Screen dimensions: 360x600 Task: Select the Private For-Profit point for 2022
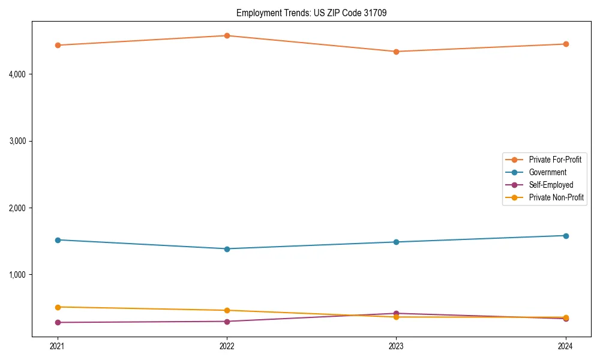(227, 36)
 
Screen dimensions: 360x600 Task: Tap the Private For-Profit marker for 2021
(58, 45)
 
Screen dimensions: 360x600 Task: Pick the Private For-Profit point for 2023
(396, 52)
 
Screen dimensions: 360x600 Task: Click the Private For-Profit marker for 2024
(565, 44)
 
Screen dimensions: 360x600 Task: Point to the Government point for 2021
(58, 240)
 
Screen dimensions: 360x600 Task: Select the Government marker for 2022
(227, 249)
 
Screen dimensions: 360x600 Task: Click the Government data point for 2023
(396, 242)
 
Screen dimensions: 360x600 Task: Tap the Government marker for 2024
(565, 236)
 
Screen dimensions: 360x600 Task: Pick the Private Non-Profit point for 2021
(58, 307)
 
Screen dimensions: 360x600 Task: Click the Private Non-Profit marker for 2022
(227, 310)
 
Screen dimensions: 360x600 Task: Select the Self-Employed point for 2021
(58, 323)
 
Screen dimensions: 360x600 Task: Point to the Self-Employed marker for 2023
(396, 313)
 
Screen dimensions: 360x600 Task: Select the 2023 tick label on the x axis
(396, 346)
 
